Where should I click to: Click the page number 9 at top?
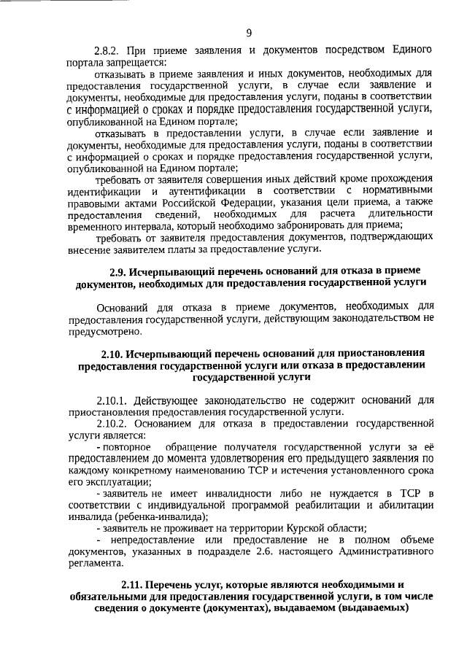(x=249, y=32)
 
